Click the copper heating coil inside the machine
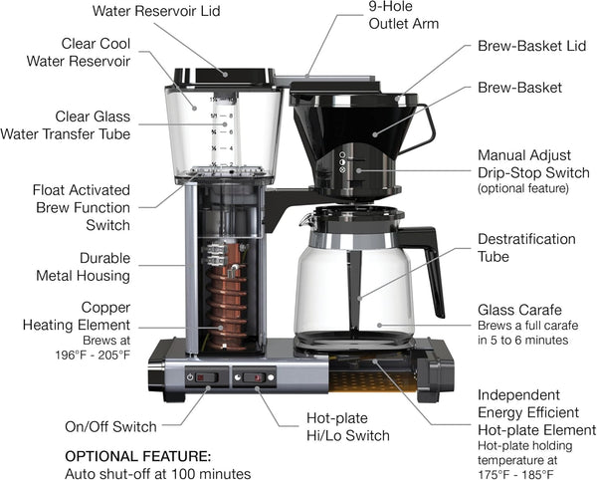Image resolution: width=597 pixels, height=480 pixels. [224, 294]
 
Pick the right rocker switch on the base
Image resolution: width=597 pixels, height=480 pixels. [255, 377]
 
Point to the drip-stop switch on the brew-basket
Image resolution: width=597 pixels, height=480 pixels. [344, 163]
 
